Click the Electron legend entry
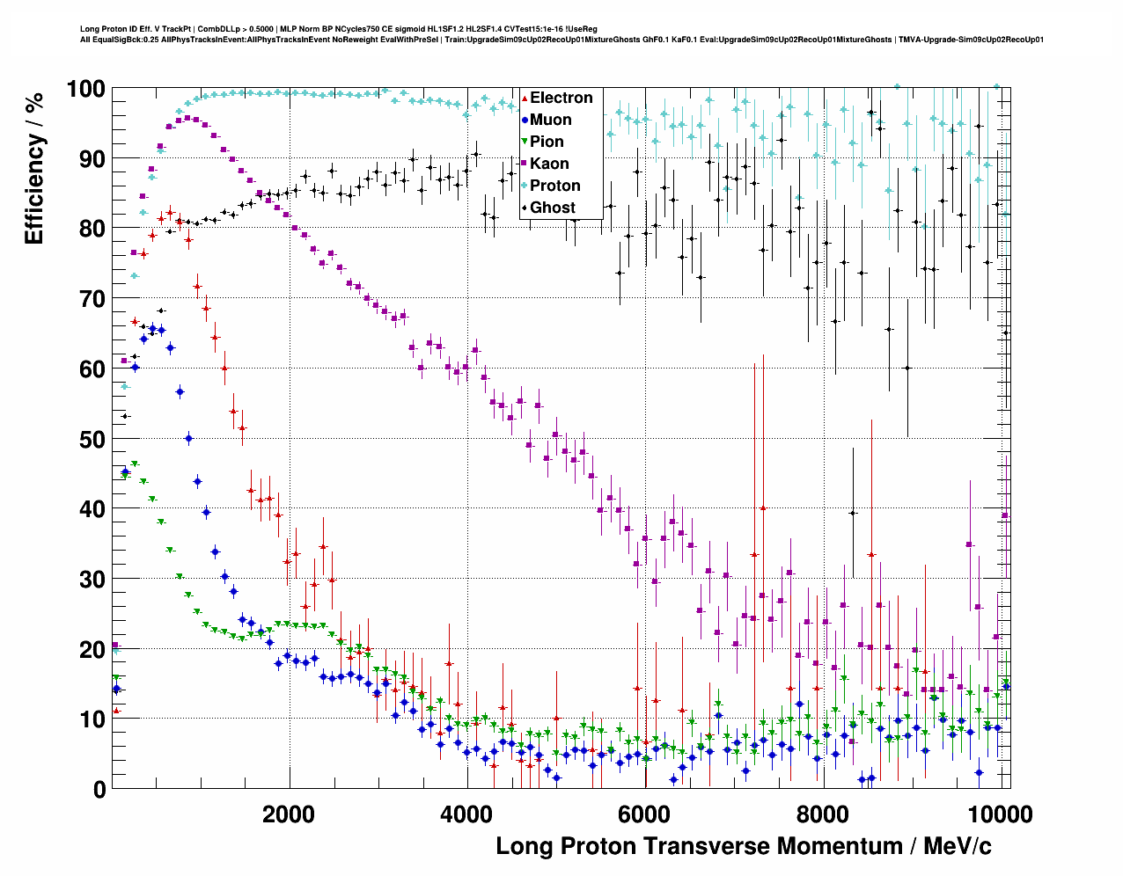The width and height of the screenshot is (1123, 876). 561,98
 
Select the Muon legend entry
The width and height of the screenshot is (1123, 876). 550,120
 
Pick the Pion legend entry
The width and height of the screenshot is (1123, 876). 547,142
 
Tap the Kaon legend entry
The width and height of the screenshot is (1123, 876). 549,164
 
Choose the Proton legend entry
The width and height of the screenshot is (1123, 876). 554,186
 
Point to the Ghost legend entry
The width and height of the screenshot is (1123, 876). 552,208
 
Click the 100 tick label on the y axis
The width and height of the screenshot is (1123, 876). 85,89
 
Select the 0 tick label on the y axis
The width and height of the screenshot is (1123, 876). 99,789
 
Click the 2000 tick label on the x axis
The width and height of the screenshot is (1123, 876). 288,814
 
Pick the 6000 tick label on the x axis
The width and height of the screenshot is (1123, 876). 644,814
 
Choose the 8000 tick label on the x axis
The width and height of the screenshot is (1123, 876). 822,814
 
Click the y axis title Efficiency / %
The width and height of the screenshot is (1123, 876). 34,167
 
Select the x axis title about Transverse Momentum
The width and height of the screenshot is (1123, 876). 743,846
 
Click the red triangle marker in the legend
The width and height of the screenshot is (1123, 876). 525,98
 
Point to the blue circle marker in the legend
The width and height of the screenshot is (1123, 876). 525,120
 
